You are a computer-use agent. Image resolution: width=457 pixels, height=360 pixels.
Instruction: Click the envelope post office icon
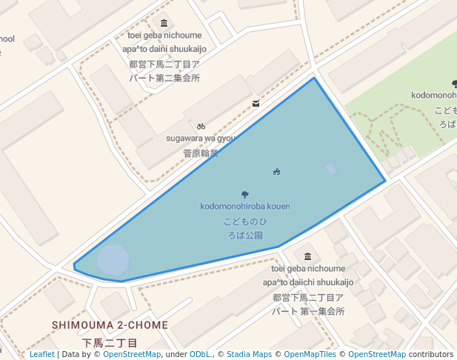coord(256,104)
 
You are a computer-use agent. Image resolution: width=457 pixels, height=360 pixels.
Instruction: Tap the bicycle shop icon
coord(201,127)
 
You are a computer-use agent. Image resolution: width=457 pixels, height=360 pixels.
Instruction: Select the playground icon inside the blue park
coord(276,172)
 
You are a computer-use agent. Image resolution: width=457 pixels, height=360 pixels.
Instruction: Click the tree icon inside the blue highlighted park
coord(245,195)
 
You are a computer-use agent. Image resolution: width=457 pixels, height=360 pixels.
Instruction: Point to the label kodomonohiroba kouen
coord(245,206)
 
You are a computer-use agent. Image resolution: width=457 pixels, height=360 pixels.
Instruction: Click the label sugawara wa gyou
coord(200,139)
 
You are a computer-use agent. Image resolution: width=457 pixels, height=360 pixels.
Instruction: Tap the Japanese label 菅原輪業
coord(201,153)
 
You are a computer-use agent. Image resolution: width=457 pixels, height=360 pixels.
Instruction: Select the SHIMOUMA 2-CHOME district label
coord(110,325)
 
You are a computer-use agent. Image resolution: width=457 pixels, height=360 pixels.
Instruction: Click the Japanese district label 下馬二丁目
coord(110,343)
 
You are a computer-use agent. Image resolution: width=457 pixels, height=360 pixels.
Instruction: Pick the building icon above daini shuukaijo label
coord(164,23)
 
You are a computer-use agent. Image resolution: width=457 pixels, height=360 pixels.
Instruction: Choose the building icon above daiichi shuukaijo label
coord(308,256)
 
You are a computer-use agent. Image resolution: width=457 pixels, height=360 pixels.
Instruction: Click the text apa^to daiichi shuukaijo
coord(308,282)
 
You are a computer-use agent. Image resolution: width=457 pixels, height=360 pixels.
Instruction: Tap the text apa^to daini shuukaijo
coord(164,49)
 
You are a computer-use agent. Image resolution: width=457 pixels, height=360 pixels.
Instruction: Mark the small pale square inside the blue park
coord(331,170)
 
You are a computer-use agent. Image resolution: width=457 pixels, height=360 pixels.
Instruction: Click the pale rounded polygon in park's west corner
coord(113,259)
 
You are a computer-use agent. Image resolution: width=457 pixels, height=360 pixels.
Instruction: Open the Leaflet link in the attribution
coord(42,354)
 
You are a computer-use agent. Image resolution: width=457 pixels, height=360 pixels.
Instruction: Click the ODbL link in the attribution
coord(199,354)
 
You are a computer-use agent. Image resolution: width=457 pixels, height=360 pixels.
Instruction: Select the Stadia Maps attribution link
coord(249,354)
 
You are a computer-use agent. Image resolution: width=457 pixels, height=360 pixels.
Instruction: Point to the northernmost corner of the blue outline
coord(314,78)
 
